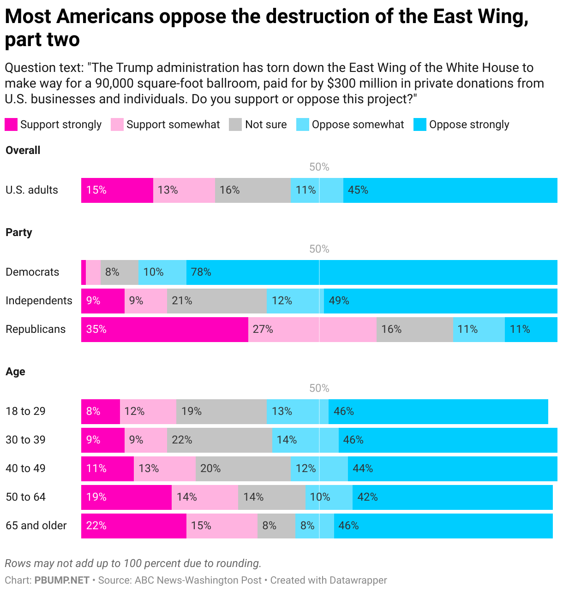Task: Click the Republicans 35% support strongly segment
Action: [164, 329]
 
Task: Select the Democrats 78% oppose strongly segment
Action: [371, 272]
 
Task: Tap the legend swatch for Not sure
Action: [235, 124]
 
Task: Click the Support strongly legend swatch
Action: [11, 124]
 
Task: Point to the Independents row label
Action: [39, 301]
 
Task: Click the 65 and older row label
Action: [36, 526]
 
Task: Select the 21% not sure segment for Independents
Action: [216, 301]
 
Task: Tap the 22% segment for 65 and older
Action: [133, 526]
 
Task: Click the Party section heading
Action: [19, 232]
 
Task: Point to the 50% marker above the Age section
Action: [319, 388]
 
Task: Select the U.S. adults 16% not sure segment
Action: [252, 190]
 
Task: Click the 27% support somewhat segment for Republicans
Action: [312, 329]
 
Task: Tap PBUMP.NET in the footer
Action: [62, 580]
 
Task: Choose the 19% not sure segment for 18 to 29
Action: [221, 411]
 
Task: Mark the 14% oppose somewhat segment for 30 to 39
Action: [305, 440]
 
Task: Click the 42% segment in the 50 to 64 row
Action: [452, 497]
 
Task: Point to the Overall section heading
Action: [23, 150]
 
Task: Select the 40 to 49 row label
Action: [25, 468]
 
